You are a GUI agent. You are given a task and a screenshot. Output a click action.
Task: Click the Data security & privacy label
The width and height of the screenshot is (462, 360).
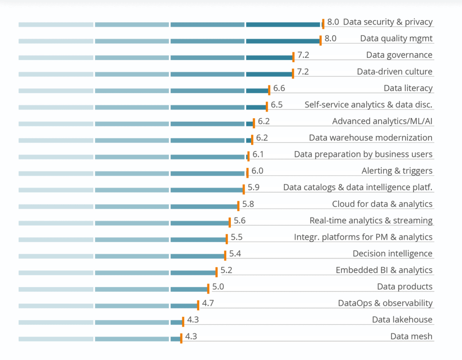pyautogui.click(x=388, y=22)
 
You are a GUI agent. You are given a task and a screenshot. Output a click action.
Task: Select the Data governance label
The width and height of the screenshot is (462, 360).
pyautogui.click(x=399, y=55)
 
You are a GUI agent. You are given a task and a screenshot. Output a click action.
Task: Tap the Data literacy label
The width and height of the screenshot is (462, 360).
pyautogui.click(x=408, y=88)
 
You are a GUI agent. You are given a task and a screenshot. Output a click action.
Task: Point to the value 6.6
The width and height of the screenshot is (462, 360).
pyautogui.click(x=279, y=88)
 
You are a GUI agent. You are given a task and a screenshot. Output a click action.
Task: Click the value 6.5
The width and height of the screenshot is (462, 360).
pyautogui.click(x=277, y=105)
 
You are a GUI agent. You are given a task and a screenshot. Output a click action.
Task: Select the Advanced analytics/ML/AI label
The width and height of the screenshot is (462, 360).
pyautogui.click(x=382, y=121)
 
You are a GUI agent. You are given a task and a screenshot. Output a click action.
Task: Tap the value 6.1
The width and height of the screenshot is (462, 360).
pyautogui.click(x=258, y=154)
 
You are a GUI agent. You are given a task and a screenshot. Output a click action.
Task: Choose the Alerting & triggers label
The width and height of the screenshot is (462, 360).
pyautogui.click(x=397, y=171)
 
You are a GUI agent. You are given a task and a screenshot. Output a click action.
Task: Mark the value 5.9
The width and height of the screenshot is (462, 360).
pyautogui.click(x=253, y=188)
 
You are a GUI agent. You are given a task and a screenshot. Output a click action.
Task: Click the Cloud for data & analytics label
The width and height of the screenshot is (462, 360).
pyautogui.click(x=382, y=204)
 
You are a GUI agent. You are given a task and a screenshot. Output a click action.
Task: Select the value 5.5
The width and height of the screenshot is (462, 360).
pyautogui.click(x=237, y=237)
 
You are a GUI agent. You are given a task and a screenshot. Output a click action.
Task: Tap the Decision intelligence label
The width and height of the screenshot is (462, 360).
pyautogui.click(x=392, y=254)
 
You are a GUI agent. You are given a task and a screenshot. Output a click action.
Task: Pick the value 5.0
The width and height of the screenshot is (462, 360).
pyautogui.click(x=218, y=287)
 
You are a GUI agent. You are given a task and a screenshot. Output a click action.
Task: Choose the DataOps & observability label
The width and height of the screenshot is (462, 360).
pyautogui.click(x=385, y=303)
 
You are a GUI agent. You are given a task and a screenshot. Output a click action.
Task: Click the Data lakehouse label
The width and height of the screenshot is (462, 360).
pyautogui.click(x=402, y=320)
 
